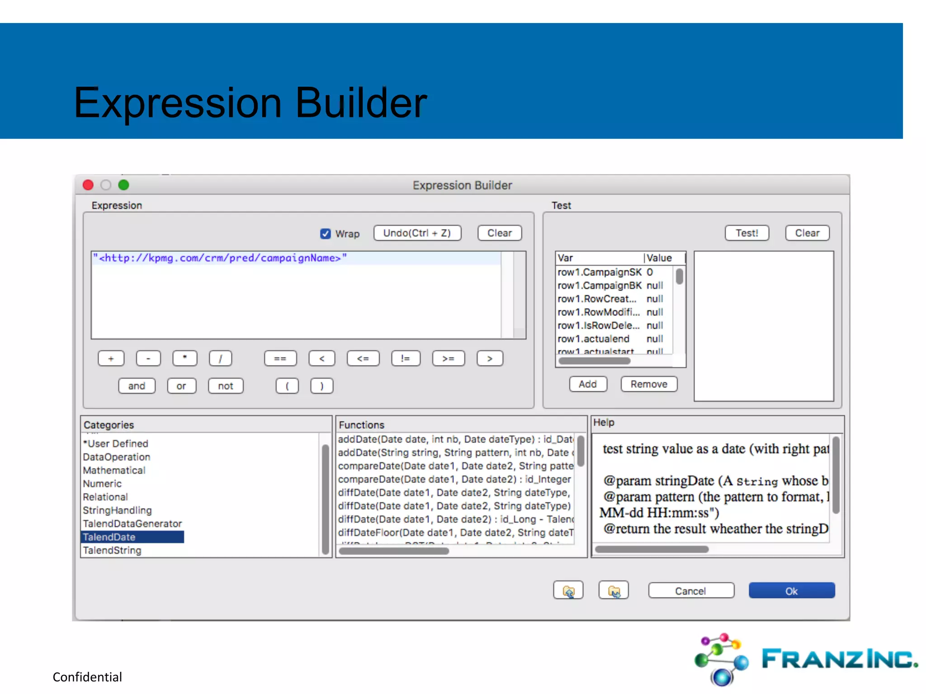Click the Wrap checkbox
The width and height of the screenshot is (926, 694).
coord(325,234)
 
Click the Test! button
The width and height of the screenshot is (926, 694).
coord(746,233)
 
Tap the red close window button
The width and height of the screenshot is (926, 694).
coord(88,185)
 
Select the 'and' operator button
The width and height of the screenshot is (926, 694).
coord(137,386)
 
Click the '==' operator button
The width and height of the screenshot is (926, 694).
coord(280,358)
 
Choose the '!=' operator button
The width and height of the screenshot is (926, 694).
coord(406,358)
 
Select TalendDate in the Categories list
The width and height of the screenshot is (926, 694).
coord(109,537)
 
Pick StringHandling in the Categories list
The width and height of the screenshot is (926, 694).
coord(117,510)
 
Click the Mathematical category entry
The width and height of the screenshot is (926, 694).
coord(114,470)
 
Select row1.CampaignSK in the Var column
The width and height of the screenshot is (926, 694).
coord(599,272)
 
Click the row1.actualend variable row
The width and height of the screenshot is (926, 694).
coord(593,339)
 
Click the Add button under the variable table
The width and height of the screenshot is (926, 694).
coord(587,384)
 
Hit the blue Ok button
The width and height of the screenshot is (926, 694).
coord(791,591)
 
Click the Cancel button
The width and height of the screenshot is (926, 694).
coord(690,591)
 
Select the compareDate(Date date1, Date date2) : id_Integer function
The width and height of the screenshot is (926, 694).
coord(454,479)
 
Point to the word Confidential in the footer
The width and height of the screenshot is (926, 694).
coord(87,677)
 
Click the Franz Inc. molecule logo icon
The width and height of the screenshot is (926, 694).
coord(721,659)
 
